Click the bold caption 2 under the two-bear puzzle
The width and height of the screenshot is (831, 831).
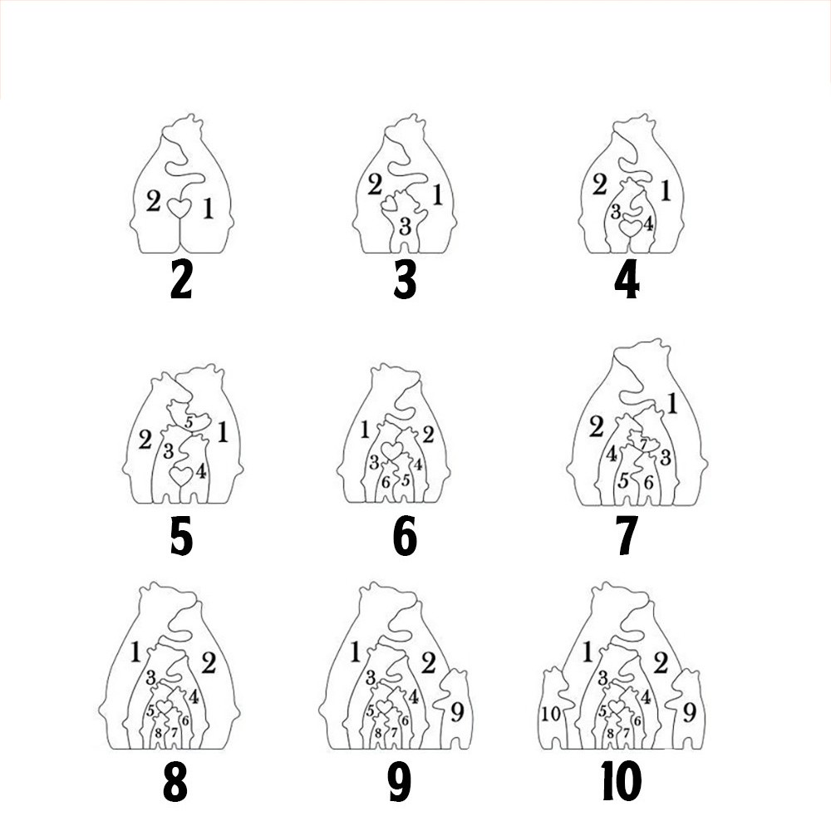coord(180,280)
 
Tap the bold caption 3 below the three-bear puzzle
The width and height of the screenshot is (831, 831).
coord(405,280)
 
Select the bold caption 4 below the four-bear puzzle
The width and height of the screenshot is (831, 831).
coord(627,280)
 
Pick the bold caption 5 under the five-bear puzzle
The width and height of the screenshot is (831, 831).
coord(181,536)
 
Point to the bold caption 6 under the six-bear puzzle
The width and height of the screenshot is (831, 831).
coord(405,536)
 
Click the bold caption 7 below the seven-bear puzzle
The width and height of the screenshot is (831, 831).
coord(627,536)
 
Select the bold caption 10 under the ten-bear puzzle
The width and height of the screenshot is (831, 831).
coord(621,782)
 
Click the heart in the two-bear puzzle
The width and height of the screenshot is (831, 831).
coord(179,208)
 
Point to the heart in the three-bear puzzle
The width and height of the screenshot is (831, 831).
coord(389,203)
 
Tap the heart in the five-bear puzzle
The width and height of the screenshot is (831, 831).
coord(180,475)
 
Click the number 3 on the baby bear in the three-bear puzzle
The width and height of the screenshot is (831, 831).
coord(405,227)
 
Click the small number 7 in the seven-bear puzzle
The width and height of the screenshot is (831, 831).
coord(643,444)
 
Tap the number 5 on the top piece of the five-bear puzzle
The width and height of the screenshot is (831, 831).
coord(189,423)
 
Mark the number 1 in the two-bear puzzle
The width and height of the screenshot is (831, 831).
coord(209,209)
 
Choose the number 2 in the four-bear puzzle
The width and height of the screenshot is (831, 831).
coord(599,185)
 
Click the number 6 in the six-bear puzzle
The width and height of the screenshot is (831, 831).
coord(386,483)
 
